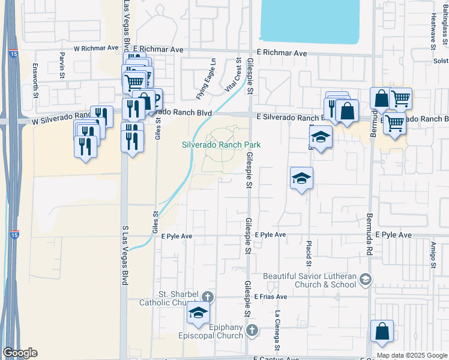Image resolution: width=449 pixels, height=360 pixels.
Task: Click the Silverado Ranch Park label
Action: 221,145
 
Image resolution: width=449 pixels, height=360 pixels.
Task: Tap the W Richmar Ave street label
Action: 96,48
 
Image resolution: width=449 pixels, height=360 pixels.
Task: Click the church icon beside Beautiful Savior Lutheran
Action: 366,279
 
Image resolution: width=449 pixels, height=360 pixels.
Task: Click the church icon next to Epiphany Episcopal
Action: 253,330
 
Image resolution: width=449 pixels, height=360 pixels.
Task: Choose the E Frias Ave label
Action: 270,296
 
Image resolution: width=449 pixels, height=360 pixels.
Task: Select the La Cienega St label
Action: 277,330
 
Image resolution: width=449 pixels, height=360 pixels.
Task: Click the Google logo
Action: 19,353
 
